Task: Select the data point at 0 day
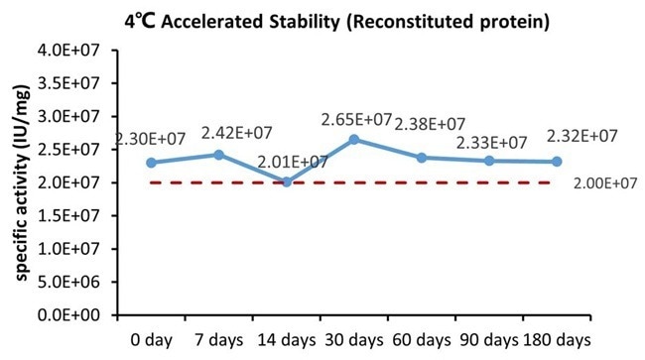(x=151, y=163)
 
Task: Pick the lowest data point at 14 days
(x=287, y=181)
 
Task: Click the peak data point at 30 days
(x=354, y=139)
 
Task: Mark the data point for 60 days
(x=422, y=158)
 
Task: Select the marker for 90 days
(x=489, y=161)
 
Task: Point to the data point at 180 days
(x=557, y=162)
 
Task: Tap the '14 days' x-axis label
(x=286, y=339)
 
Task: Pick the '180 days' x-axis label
(x=557, y=339)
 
